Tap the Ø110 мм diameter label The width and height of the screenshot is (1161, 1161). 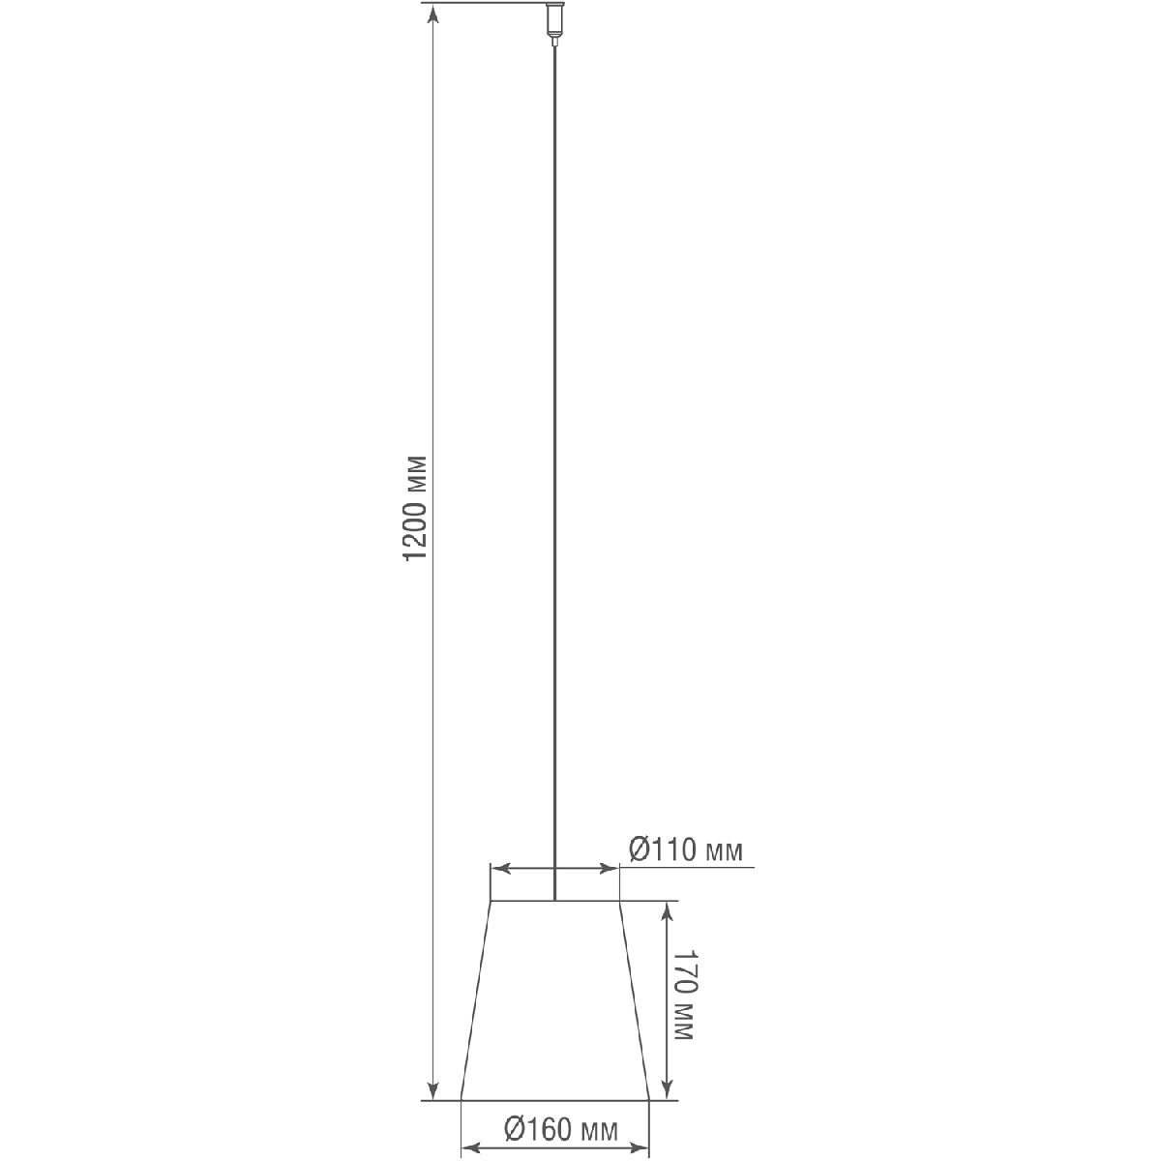[x=686, y=850]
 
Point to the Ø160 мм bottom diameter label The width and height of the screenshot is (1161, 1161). [x=561, y=1129]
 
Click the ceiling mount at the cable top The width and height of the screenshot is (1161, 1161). [x=554, y=23]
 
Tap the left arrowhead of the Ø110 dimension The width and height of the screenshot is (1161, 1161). [x=497, y=869]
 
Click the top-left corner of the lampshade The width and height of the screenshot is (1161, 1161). [x=491, y=902]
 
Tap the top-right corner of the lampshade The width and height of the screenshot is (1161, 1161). [x=617, y=902]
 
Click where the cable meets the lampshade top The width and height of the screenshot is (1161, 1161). [x=554, y=901]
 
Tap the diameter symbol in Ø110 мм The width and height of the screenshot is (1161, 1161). [x=640, y=850]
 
